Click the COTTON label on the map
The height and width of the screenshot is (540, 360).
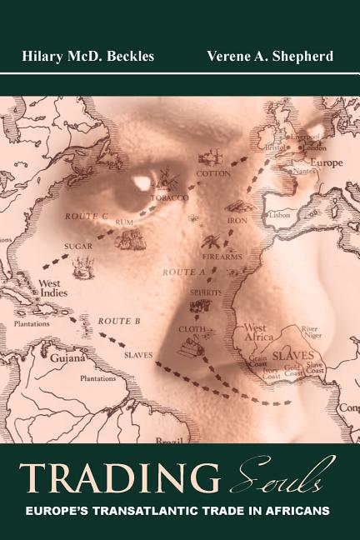(x=212, y=173)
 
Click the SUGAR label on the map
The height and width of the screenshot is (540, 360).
(x=77, y=247)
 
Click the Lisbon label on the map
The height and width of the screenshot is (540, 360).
(x=277, y=214)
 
